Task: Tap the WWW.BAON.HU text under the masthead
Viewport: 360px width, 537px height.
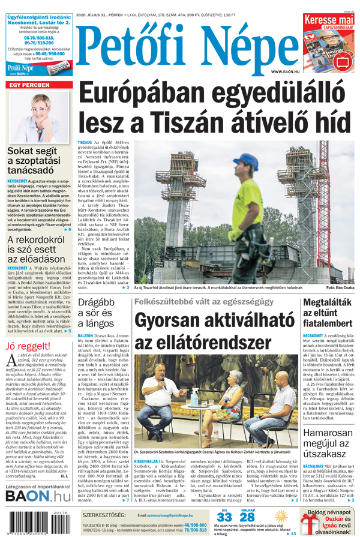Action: tap(284, 71)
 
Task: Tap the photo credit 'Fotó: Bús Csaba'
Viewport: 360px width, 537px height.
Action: tap(340, 289)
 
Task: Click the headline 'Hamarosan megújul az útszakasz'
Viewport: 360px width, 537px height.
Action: tap(330, 465)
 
